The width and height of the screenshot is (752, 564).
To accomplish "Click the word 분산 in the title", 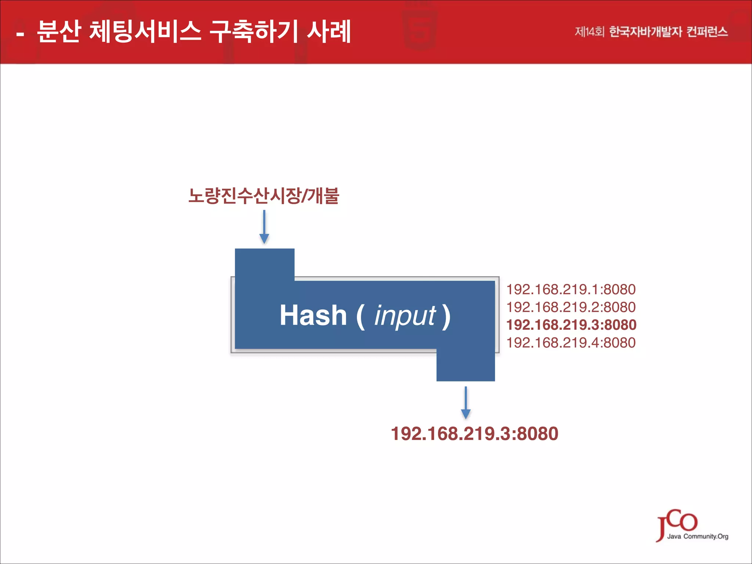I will [x=59, y=32].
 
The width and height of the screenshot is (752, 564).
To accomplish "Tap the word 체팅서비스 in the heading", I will [x=145, y=32].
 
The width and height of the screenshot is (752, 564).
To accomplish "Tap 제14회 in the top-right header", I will [x=589, y=32].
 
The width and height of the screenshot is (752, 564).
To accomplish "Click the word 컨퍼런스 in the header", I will [x=707, y=32].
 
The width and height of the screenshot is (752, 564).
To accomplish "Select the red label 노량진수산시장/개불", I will [x=264, y=195].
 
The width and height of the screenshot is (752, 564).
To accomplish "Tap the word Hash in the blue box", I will [x=313, y=315].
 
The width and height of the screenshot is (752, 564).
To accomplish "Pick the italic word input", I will [x=405, y=315].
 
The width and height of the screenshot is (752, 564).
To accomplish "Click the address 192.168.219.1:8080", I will [x=571, y=290].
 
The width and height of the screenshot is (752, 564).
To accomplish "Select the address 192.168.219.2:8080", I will [x=571, y=307].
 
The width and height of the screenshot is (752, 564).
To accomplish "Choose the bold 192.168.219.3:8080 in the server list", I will [x=571, y=325].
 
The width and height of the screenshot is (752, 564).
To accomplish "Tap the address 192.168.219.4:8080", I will [x=571, y=343].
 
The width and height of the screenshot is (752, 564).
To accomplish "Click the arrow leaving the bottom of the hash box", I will [x=466, y=403].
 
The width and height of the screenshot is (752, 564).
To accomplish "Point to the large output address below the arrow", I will [x=474, y=434].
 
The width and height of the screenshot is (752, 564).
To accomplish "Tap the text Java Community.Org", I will [x=698, y=536].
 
